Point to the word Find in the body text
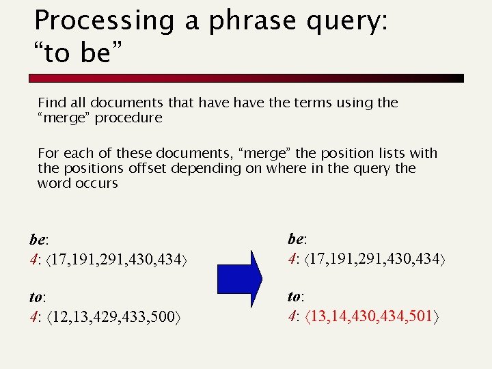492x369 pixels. tap(51, 103)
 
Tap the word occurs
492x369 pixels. tap(96, 183)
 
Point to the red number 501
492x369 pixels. tap(424, 316)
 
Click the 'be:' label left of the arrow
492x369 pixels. tap(38, 240)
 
